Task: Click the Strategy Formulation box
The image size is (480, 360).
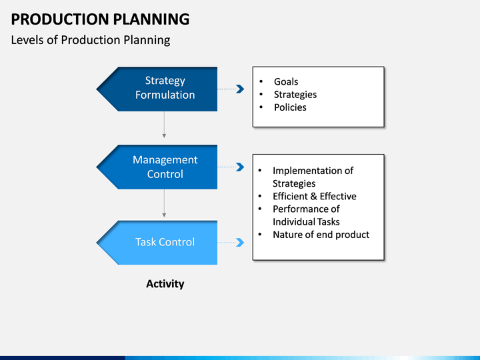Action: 157,89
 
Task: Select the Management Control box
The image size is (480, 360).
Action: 157,167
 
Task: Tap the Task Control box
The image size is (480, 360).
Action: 157,243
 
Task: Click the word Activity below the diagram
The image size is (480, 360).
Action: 165,284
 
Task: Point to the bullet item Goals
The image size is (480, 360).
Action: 286,82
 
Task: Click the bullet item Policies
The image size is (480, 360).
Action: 290,107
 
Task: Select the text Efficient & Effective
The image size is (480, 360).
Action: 315,196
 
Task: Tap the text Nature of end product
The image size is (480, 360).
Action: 321,235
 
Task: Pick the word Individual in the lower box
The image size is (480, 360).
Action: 293,221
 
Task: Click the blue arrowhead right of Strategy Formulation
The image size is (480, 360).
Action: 240,89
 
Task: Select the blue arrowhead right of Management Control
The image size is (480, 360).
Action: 240,167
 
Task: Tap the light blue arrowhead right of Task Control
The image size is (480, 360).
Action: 240,243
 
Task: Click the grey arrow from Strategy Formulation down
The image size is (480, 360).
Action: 164,124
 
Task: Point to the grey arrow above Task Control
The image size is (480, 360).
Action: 164,203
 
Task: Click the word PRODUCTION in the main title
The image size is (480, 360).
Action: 60,19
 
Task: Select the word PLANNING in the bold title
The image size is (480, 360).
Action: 151,19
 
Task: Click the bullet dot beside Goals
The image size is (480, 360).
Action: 261,81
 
